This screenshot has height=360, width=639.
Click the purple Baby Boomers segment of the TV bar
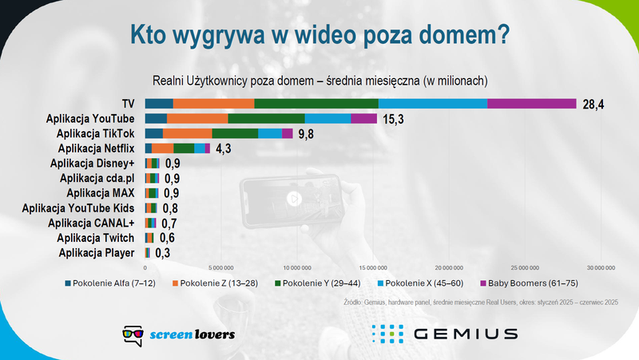pyautogui.click(x=531, y=104)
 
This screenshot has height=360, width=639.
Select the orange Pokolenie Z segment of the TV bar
pyautogui.click(x=213, y=104)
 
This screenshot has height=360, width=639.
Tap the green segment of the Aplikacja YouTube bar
pyautogui.click(x=266, y=119)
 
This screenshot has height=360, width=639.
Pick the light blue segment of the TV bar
pyautogui.click(x=432, y=104)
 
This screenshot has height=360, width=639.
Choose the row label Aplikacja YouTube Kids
pyautogui.click(x=79, y=208)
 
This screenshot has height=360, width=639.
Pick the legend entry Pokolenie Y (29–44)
pyautogui.click(x=319, y=283)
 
